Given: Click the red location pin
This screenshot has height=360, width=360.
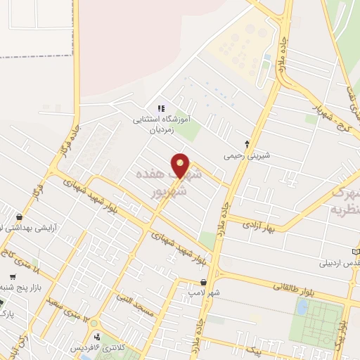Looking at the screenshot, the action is coord(181,165).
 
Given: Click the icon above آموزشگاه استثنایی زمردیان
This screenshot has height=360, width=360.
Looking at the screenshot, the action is coord(161,108).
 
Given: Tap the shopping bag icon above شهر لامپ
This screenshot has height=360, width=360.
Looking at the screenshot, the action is coord(203,282).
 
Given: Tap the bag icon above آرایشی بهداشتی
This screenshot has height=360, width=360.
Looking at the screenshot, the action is coord(19,217).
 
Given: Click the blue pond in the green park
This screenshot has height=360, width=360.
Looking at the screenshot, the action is coord(301,307).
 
